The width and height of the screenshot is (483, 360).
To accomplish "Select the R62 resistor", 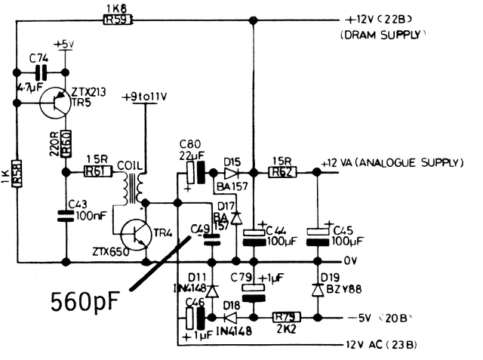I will pyautogui.click(x=285, y=172).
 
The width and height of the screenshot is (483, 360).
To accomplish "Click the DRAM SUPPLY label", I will pyautogui.click(x=383, y=35).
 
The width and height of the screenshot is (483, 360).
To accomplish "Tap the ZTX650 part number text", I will pyautogui.click(x=111, y=251).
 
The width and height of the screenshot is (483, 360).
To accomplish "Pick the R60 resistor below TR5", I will pyautogui.click(x=66, y=142).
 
